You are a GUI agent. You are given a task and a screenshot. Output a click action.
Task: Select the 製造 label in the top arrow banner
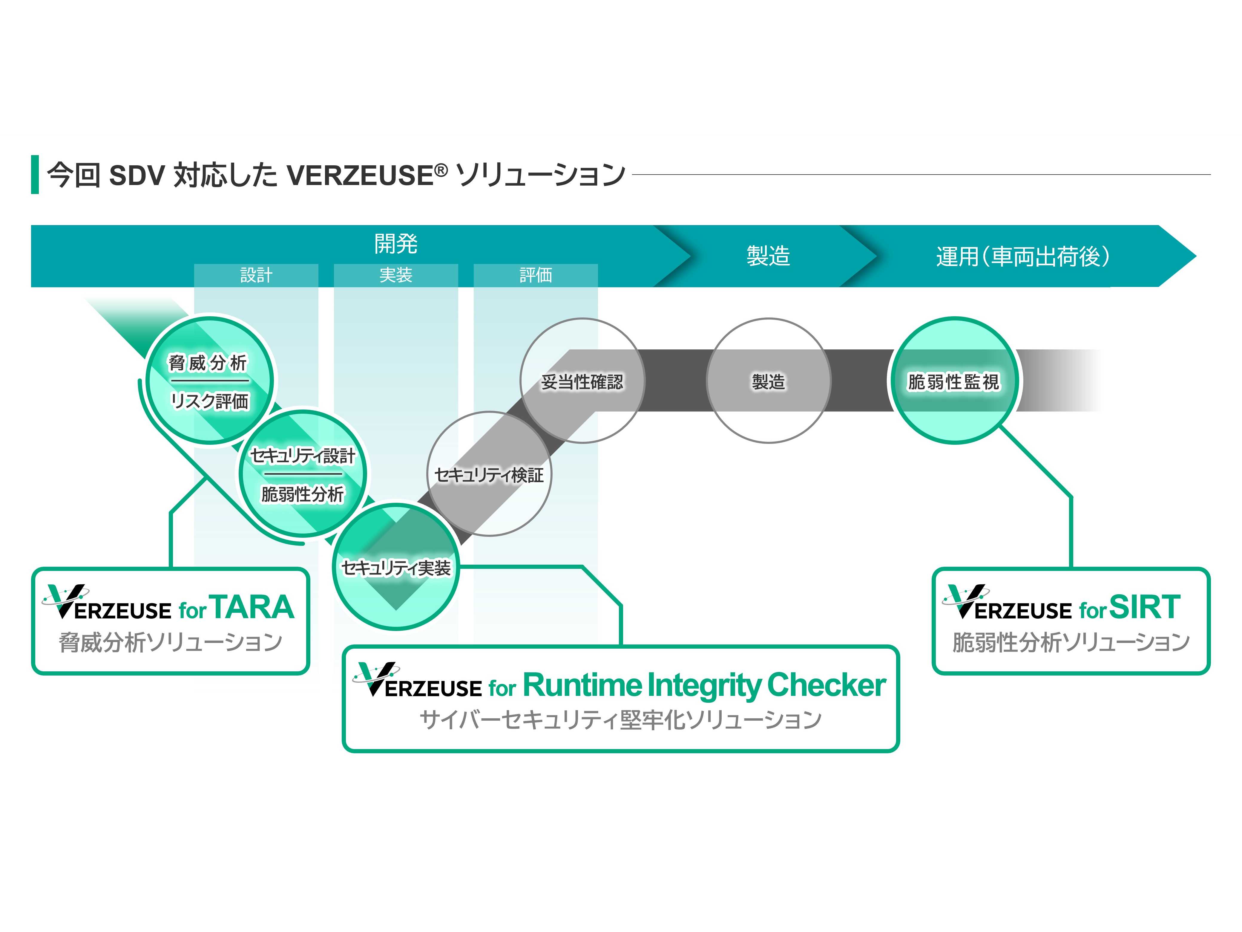tap(768, 256)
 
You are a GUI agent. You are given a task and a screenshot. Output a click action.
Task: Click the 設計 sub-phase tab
tap(256, 275)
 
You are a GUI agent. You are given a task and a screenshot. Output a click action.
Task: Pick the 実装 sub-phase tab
tap(396, 275)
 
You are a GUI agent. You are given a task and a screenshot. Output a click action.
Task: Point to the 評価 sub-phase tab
tap(536, 275)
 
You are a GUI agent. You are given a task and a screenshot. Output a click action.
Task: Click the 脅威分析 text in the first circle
tap(208, 363)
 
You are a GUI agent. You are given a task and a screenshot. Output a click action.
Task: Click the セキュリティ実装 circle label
tap(396, 568)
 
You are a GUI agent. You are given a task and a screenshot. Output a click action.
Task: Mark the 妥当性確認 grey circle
tap(582, 382)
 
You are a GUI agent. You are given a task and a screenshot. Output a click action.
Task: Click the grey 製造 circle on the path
tap(768, 382)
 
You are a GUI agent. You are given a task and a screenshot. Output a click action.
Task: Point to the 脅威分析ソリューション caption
tap(170, 642)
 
